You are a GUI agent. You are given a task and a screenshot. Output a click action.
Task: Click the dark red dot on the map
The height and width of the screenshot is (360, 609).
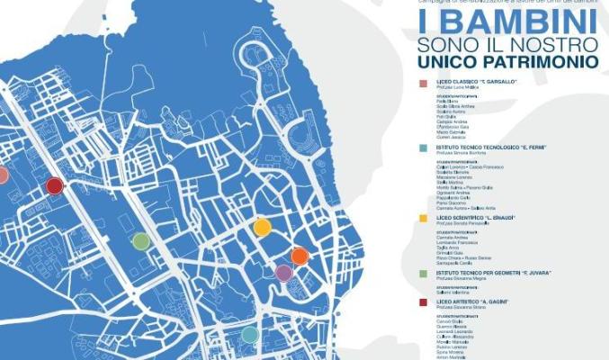(55, 186)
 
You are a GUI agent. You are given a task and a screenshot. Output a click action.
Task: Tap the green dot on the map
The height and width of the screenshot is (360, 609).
(140, 240)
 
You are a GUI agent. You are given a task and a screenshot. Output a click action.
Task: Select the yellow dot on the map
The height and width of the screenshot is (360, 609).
(262, 227)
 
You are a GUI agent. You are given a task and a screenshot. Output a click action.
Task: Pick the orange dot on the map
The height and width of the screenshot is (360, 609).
(300, 256)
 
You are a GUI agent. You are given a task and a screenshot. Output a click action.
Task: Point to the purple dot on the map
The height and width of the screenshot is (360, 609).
(283, 273)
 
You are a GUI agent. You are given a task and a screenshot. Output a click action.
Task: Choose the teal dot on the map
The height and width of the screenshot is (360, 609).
(250, 334)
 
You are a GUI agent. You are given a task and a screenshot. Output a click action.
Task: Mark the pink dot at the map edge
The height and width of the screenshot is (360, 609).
(3, 175)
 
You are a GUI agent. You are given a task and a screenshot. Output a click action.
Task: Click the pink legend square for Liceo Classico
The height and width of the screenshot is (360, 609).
(423, 83)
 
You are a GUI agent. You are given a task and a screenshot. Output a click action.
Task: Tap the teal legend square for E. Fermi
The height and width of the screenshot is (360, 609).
(423, 147)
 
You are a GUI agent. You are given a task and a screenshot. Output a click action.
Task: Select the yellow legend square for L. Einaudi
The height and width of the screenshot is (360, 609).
(423, 217)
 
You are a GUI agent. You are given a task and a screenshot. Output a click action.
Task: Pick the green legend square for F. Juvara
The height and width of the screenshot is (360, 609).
(423, 272)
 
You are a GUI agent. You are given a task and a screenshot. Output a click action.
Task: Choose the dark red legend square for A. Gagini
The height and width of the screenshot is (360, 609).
(423, 302)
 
